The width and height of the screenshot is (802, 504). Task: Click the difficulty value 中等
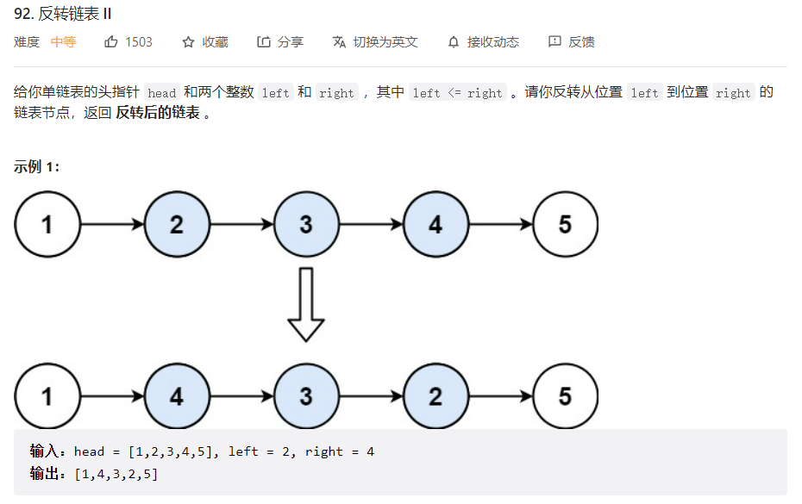tap(63, 42)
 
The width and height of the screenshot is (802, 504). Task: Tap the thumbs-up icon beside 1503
tap(111, 42)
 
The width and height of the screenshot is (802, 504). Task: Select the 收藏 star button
tap(205, 42)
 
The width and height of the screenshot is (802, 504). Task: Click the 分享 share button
tap(280, 42)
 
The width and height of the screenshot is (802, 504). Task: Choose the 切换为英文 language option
tap(375, 42)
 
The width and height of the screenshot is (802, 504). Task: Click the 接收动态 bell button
tap(483, 42)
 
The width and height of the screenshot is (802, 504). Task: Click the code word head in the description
tap(161, 93)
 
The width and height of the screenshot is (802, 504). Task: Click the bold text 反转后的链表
tap(157, 114)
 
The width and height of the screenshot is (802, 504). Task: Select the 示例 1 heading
tap(37, 167)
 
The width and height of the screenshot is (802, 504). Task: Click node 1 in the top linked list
tap(47, 225)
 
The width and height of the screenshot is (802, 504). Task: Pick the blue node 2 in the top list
tap(177, 225)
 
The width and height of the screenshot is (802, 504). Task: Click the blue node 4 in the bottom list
tap(177, 396)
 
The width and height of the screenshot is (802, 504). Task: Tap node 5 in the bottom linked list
tap(565, 396)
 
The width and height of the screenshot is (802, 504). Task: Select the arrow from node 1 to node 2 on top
tap(112, 225)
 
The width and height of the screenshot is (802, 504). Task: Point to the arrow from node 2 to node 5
tap(500, 396)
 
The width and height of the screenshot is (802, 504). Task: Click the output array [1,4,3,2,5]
tap(116, 474)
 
